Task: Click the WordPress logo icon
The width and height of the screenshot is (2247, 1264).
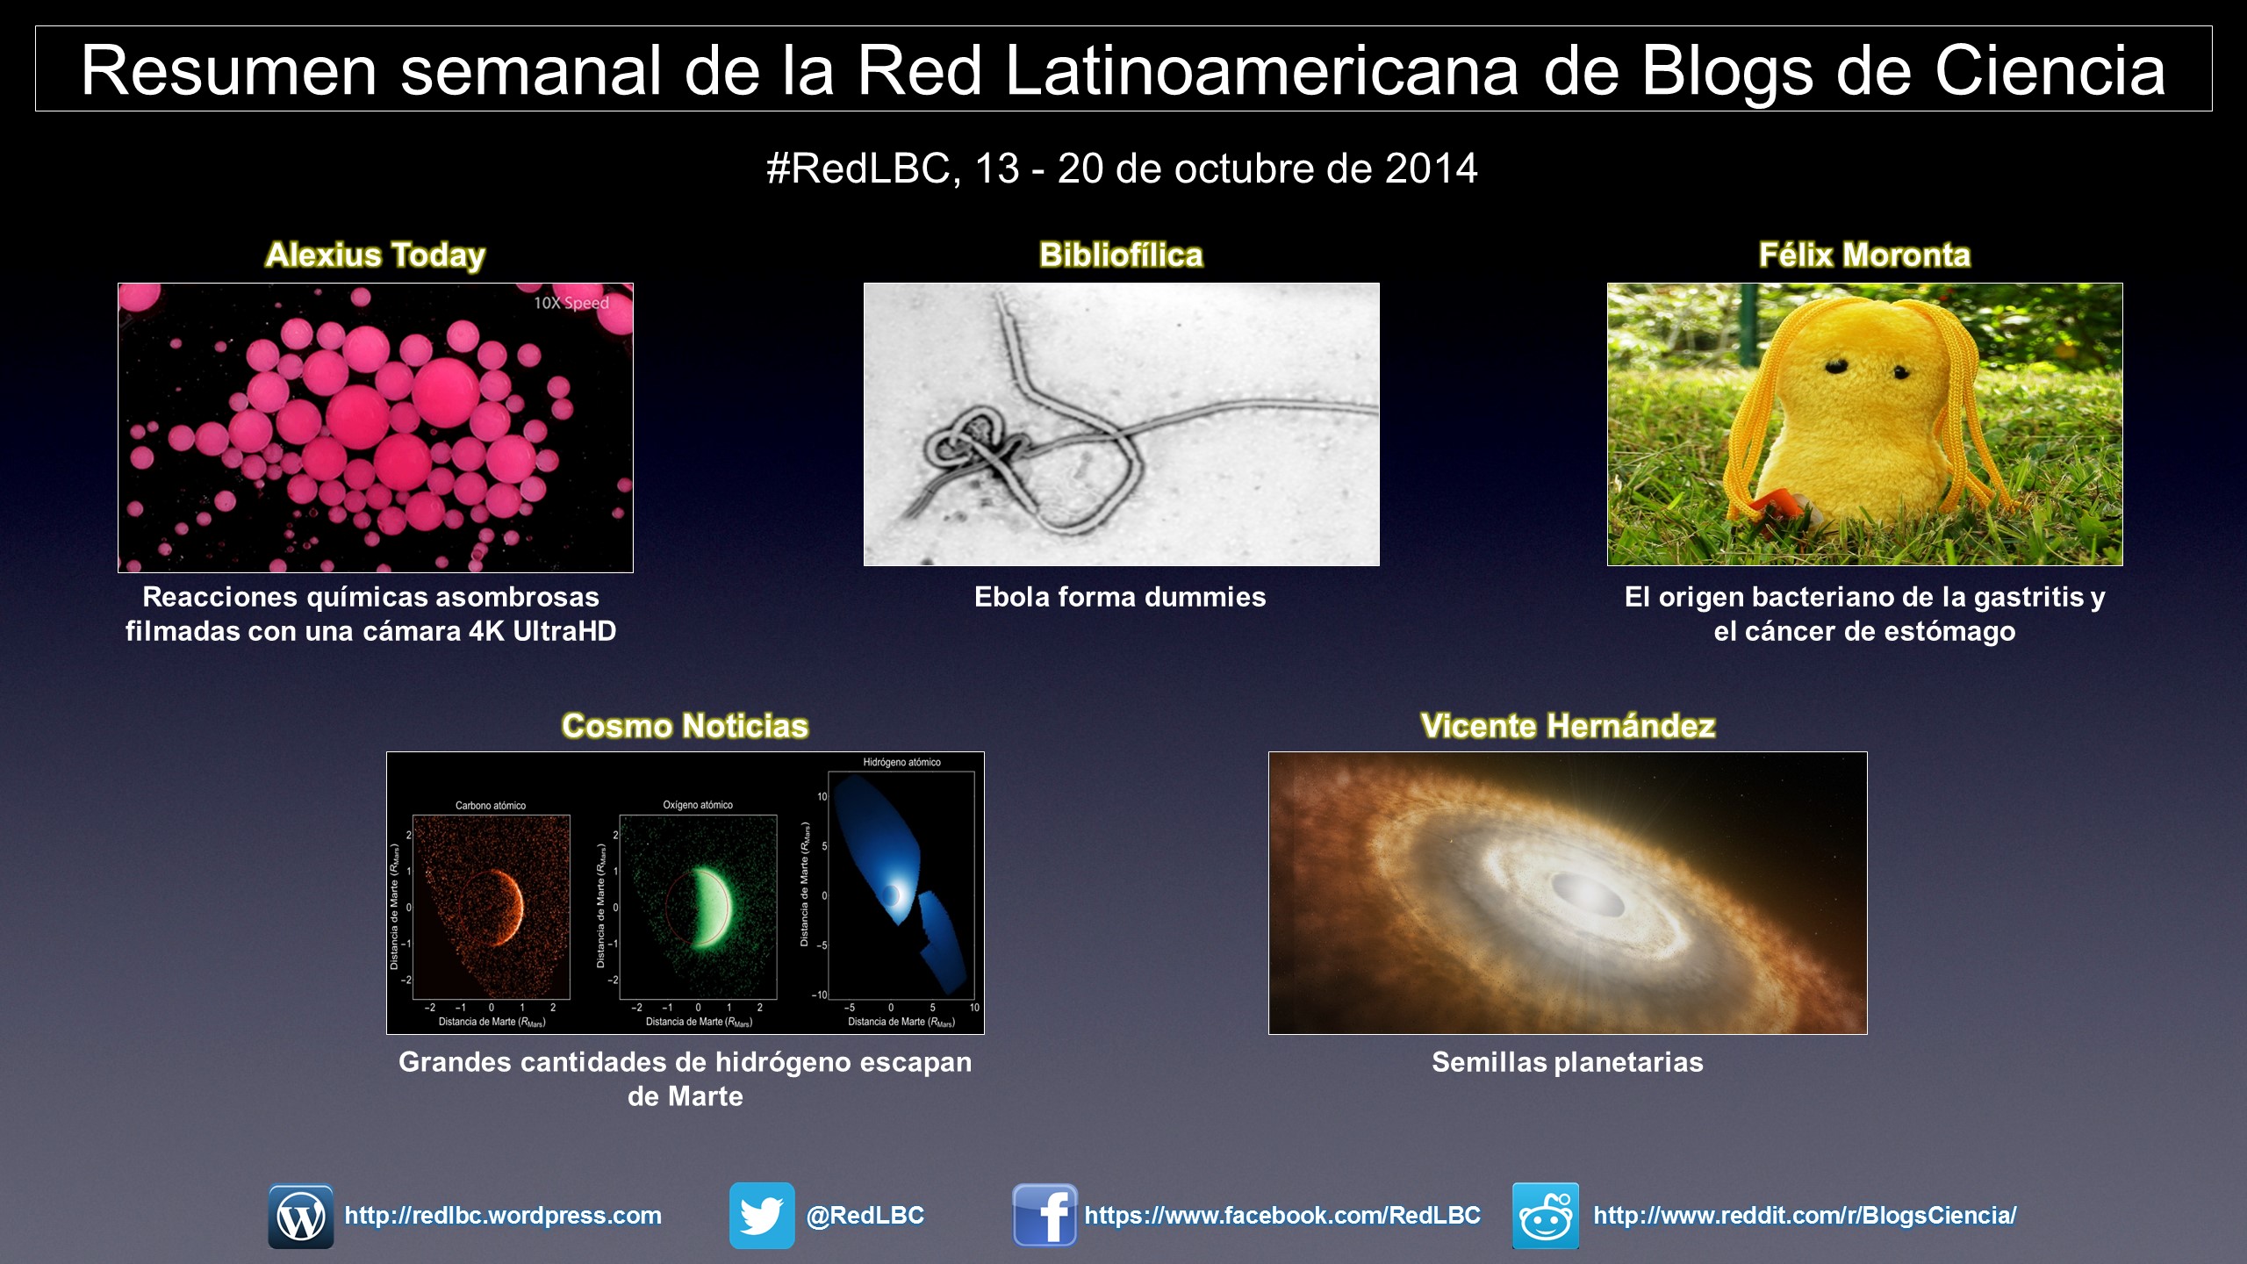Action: click(x=301, y=1217)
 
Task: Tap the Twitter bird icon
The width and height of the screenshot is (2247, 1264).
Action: click(x=762, y=1216)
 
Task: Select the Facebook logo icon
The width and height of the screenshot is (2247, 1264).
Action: click(x=1045, y=1216)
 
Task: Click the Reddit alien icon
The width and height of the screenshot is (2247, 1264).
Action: click(x=1546, y=1216)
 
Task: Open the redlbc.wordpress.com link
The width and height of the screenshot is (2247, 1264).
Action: click(x=503, y=1216)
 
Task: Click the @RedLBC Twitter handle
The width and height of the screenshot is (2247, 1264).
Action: click(x=865, y=1216)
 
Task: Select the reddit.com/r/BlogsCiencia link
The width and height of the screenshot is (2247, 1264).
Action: click(x=1805, y=1216)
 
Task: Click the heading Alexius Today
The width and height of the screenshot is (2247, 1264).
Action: click(x=376, y=255)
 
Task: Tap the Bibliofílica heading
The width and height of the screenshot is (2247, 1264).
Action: click(x=1121, y=255)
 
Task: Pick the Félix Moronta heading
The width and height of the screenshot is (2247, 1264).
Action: click(x=1865, y=255)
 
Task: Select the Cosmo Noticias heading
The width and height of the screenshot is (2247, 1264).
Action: click(x=686, y=726)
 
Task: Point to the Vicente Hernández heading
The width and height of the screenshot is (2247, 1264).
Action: click(x=1568, y=726)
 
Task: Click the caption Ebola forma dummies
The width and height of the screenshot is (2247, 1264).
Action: click(x=1120, y=597)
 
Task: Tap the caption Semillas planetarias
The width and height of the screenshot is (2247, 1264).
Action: click(x=1568, y=1062)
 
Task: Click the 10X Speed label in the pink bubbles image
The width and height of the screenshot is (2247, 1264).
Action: click(x=571, y=303)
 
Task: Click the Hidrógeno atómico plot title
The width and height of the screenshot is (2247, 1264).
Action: click(x=901, y=762)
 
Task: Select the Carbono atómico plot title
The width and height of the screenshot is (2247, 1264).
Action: click(x=491, y=805)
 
